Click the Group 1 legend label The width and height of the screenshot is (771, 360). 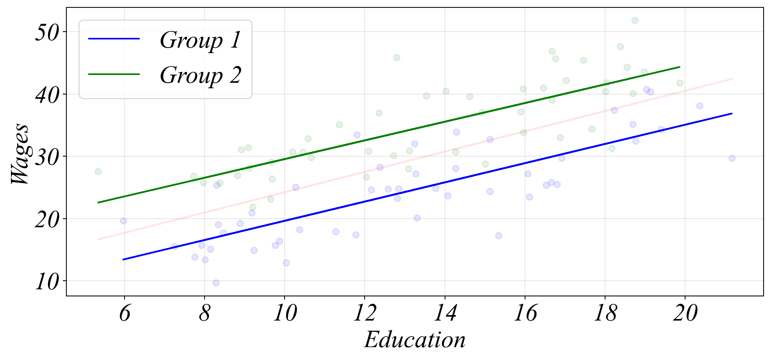pyautogui.click(x=200, y=40)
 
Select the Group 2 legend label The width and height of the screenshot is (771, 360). pyautogui.click(x=200, y=75)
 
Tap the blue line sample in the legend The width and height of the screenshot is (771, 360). pyautogui.click(x=114, y=39)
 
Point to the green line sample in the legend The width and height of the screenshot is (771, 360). pyautogui.click(x=114, y=74)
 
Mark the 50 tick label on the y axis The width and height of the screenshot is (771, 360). pyautogui.click(x=46, y=32)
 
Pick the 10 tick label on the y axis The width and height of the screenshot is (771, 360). pyautogui.click(x=46, y=282)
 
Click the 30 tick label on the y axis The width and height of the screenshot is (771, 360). pyautogui.click(x=46, y=157)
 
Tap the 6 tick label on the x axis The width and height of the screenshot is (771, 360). pyautogui.click(x=125, y=314)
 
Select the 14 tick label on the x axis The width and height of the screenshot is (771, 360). pyautogui.click(x=445, y=314)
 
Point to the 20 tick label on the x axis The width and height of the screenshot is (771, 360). pyautogui.click(x=685, y=314)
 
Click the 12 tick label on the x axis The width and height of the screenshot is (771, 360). pyautogui.click(x=365, y=314)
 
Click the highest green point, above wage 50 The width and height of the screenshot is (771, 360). pyautogui.click(x=635, y=20)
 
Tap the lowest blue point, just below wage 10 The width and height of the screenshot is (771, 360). pyautogui.click(x=216, y=283)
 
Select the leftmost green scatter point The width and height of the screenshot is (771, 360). pyautogui.click(x=98, y=171)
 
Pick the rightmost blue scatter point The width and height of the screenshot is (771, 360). pyautogui.click(x=732, y=158)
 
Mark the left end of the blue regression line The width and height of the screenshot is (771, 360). pyautogui.click(x=123, y=259)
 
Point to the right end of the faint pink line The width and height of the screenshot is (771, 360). pyautogui.click(x=732, y=79)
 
